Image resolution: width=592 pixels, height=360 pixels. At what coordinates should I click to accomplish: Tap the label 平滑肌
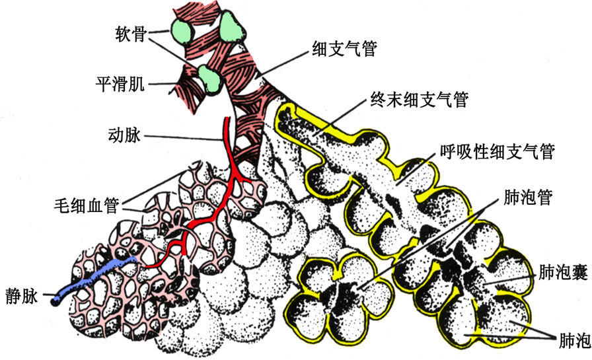click(122, 84)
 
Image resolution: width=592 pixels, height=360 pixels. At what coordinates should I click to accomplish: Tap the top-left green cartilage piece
click(181, 29)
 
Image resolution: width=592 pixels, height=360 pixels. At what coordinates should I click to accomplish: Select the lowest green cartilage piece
click(209, 79)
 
